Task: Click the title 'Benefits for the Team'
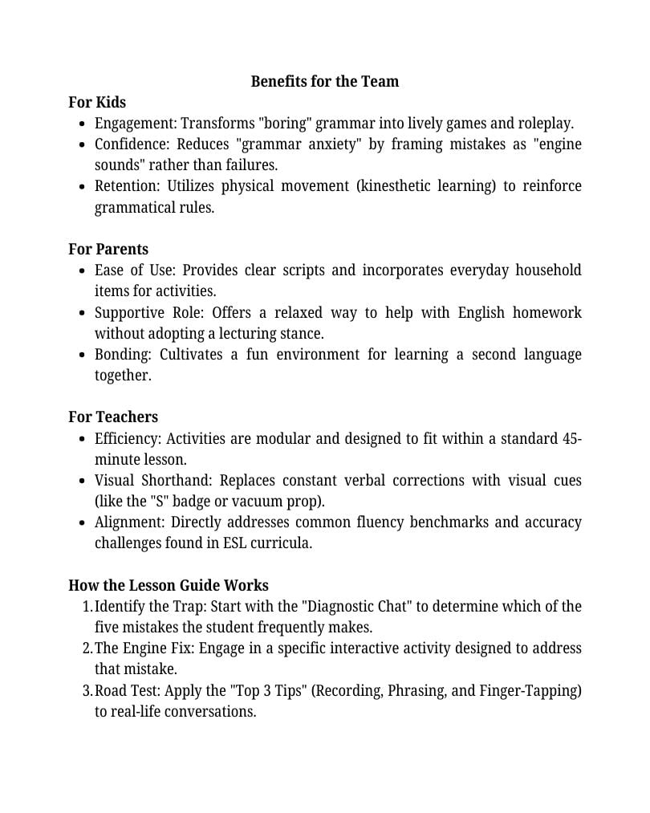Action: point(324,81)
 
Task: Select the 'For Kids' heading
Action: point(97,102)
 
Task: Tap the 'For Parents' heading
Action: point(108,249)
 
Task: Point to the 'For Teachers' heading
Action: point(113,417)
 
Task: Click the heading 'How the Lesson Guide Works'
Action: point(169,585)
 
